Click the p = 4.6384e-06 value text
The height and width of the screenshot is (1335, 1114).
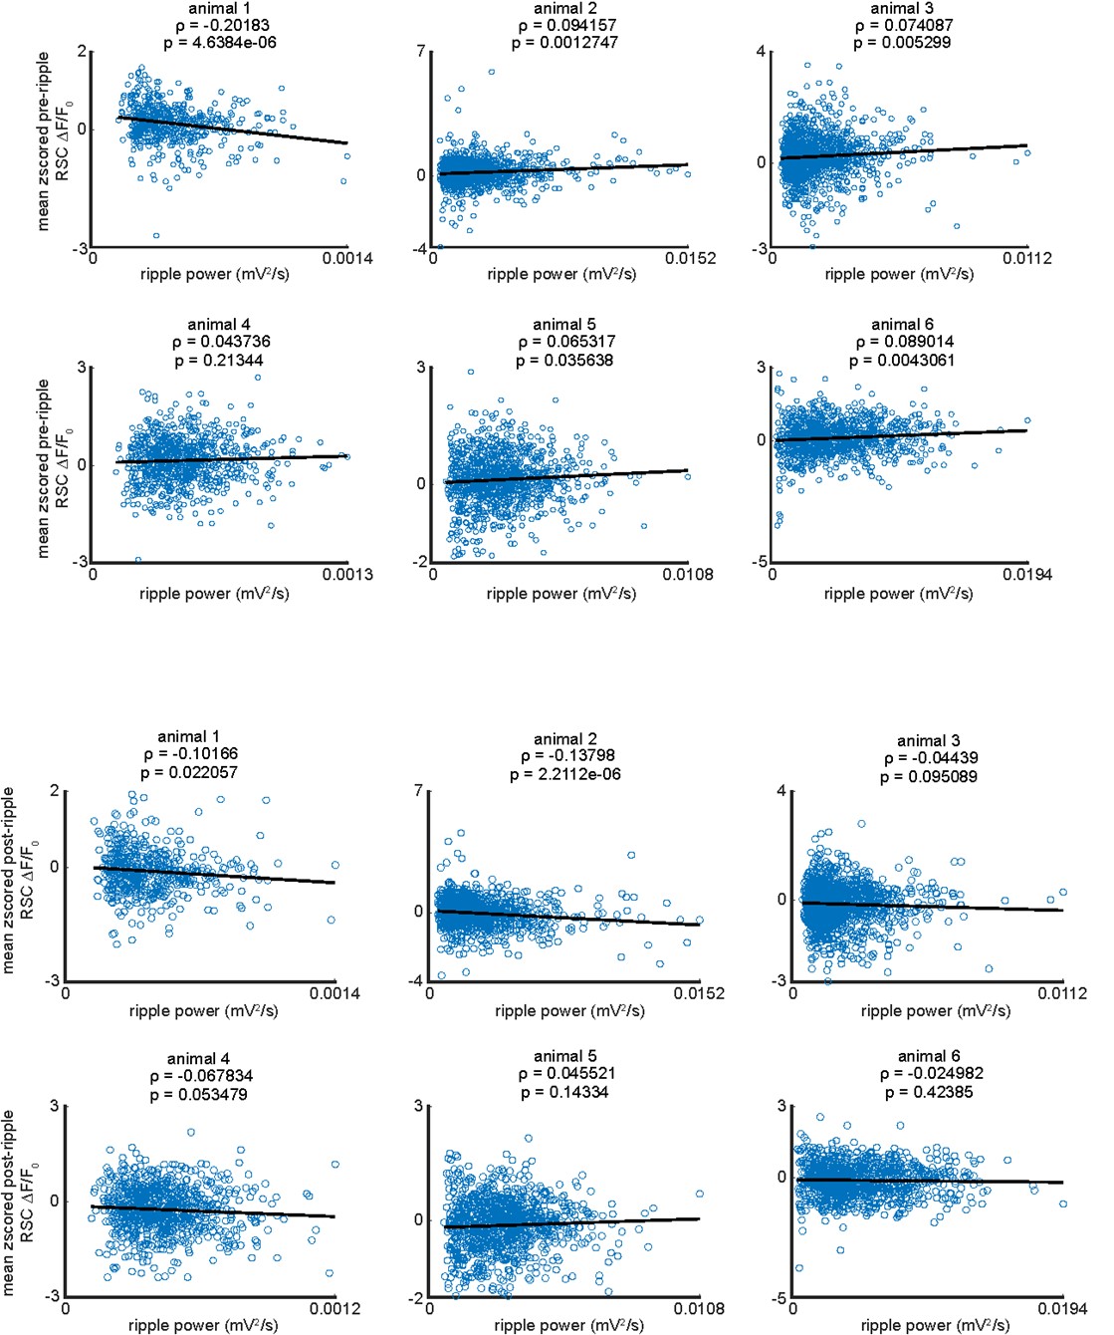click(x=219, y=43)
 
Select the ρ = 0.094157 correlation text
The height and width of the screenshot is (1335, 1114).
click(x=564, y=25)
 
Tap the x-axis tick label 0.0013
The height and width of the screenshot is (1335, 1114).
click(x=347, y=574)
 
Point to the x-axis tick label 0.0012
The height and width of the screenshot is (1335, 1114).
click(x=334, y=1308)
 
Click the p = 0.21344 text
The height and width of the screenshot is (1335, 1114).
click(x=219, y=360)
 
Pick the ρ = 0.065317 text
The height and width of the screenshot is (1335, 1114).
click(x=564, y=342)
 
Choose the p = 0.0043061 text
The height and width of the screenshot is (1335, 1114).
click(x=901, y=360)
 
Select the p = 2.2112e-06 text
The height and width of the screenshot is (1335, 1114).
click(x=564, y=774)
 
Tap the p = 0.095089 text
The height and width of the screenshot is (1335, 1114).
click(x=928, y=776)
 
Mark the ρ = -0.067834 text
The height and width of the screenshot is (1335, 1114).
click(x=200, y=1076)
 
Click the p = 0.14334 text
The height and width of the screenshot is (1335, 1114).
click(x=564, y=1092)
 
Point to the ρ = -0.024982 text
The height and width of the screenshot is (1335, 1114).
click(x=928, y=1074)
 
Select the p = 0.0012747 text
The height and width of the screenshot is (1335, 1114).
click(x=564, y=43)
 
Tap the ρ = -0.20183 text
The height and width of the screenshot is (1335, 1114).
click(x=219, y=25)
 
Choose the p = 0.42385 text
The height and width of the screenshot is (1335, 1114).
click(x=928, y=1092)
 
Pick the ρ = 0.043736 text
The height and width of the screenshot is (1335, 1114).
click(x=219, y=342)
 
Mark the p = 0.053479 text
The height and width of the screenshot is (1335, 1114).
click(x=200, y=1094)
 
